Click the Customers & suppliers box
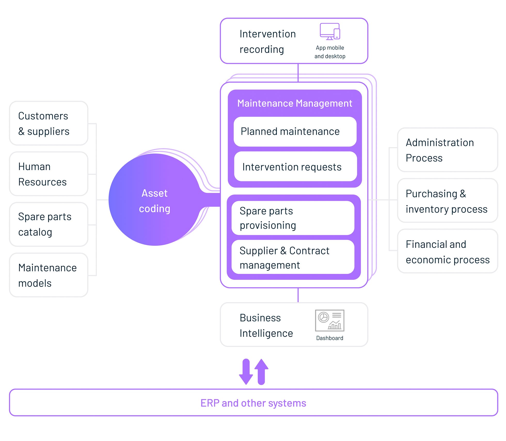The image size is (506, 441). coord(49,123)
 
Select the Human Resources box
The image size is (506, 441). coord(49,174)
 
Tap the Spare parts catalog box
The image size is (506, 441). coord(49,224)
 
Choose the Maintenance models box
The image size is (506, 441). coord(49,275)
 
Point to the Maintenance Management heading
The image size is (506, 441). coord(295,103)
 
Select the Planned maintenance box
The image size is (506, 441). coord(295,132)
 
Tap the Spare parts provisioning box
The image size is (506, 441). coord(293,218)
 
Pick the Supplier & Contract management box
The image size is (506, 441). coord(293,257)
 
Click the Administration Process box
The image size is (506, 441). coord(448,150)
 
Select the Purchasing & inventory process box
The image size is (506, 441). coord(448,200)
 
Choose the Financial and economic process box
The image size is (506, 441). coord(448,251)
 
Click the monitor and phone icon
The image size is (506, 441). coord(330,32)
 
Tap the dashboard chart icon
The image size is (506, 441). coord(330,321)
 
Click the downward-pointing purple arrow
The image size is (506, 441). coord(246,372)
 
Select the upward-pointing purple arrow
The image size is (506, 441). coord(262,372)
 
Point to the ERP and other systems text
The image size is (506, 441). coord(253,403)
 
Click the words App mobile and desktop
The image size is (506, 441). coord(330,52)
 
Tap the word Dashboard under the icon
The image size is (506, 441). coord(330,338)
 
